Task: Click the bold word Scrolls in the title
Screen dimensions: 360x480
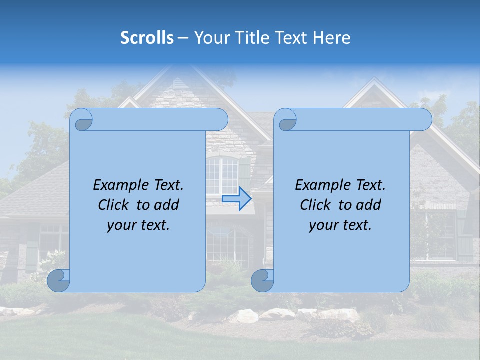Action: coord(147,38)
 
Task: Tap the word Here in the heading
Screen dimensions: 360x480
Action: coord(332,38)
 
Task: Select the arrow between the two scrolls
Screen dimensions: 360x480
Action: coord(236,199)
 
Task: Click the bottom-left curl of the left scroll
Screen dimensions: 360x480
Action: coord(59,280)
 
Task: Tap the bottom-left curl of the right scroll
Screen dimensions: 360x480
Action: coord(262,280)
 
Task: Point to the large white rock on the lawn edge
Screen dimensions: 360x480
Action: coord(243,316)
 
